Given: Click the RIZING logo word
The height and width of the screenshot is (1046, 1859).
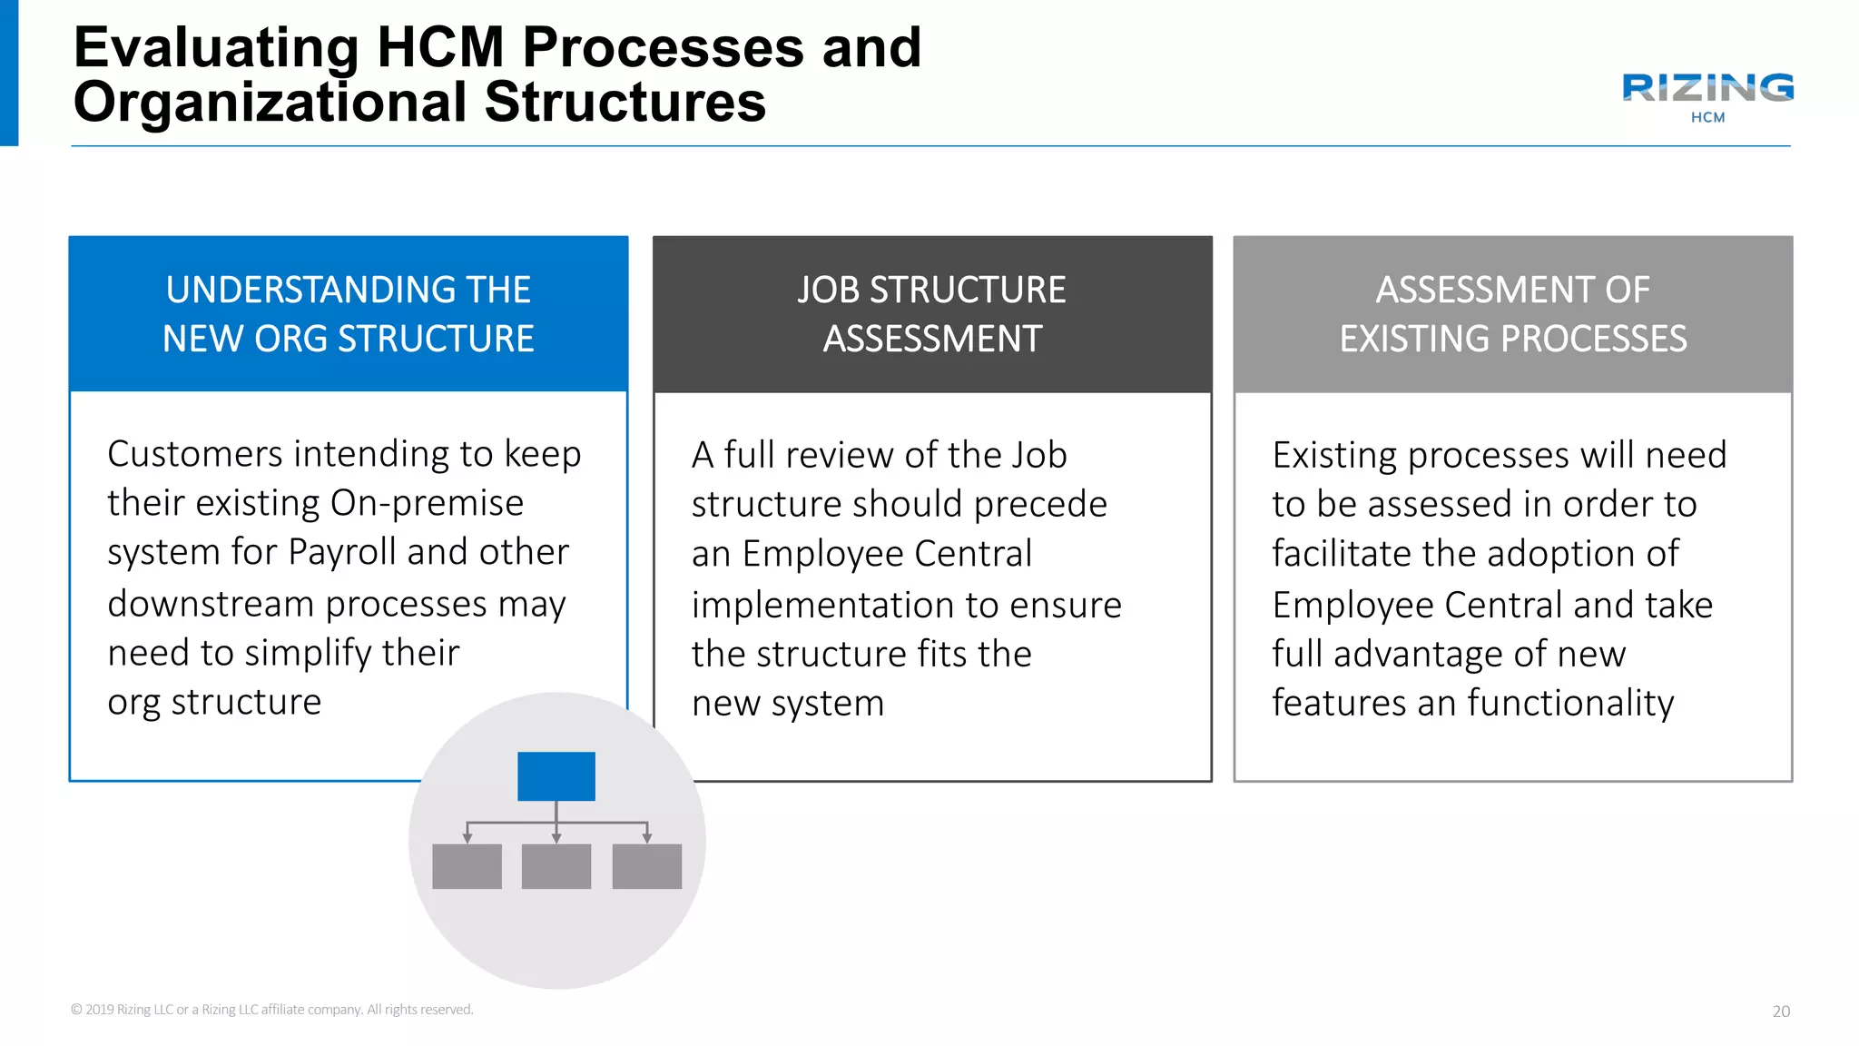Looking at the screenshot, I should click(x=1707, y=88).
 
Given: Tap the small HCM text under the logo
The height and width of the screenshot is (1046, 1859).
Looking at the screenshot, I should click(x=1707, y=117).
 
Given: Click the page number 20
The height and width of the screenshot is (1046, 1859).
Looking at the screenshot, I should click(x=1781, y=1011).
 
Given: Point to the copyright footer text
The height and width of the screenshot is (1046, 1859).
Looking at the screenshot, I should click(x=272, y=1010).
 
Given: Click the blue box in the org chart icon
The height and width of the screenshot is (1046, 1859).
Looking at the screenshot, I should click(x=556, y=776).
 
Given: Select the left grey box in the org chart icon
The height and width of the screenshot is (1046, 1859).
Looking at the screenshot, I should click(x=467, y=866).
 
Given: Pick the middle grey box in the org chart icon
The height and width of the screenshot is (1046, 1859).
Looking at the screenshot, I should click(x=556, y=866).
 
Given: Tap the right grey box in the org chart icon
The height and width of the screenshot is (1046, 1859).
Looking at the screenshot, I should click(x=647, y=866).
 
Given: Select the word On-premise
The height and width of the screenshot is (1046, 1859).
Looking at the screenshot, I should click(x=427, y=503).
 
